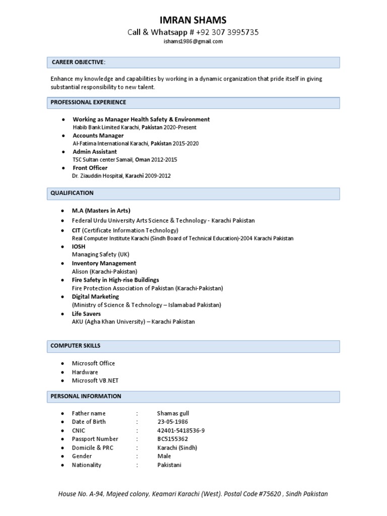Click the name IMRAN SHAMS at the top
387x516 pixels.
[193, 20]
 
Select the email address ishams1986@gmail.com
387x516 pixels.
[193, 41]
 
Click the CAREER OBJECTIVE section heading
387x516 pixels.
[79, 62]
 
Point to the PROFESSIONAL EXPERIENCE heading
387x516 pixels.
[88, 102]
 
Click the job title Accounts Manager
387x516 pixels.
[98, 136]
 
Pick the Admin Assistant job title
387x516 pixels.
[95, 152]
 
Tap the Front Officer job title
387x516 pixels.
[90, 168]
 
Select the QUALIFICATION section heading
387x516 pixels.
[72, 193]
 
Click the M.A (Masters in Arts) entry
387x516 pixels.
[101, 211]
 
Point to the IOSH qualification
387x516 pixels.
[79, 246]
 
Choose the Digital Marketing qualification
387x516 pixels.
[95, 297]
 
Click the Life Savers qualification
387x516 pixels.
[86, 313]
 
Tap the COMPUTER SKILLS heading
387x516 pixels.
[75, 346]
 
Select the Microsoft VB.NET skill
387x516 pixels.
[95, 380]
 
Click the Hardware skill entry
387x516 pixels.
[85, 372]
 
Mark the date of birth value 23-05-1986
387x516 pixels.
[173, 422]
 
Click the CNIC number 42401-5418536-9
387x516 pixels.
[181, 430]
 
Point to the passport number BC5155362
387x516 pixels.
[172, 439]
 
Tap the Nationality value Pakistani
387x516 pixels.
[169, 465]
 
